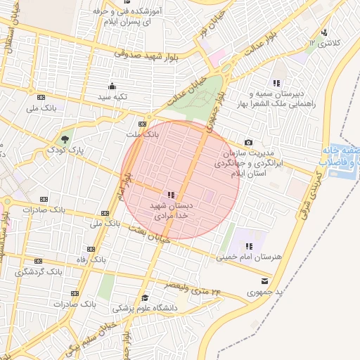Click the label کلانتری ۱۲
323,44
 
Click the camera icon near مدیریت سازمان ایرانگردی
247,143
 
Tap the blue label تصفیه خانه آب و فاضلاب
341,156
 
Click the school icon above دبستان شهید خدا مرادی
171,195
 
